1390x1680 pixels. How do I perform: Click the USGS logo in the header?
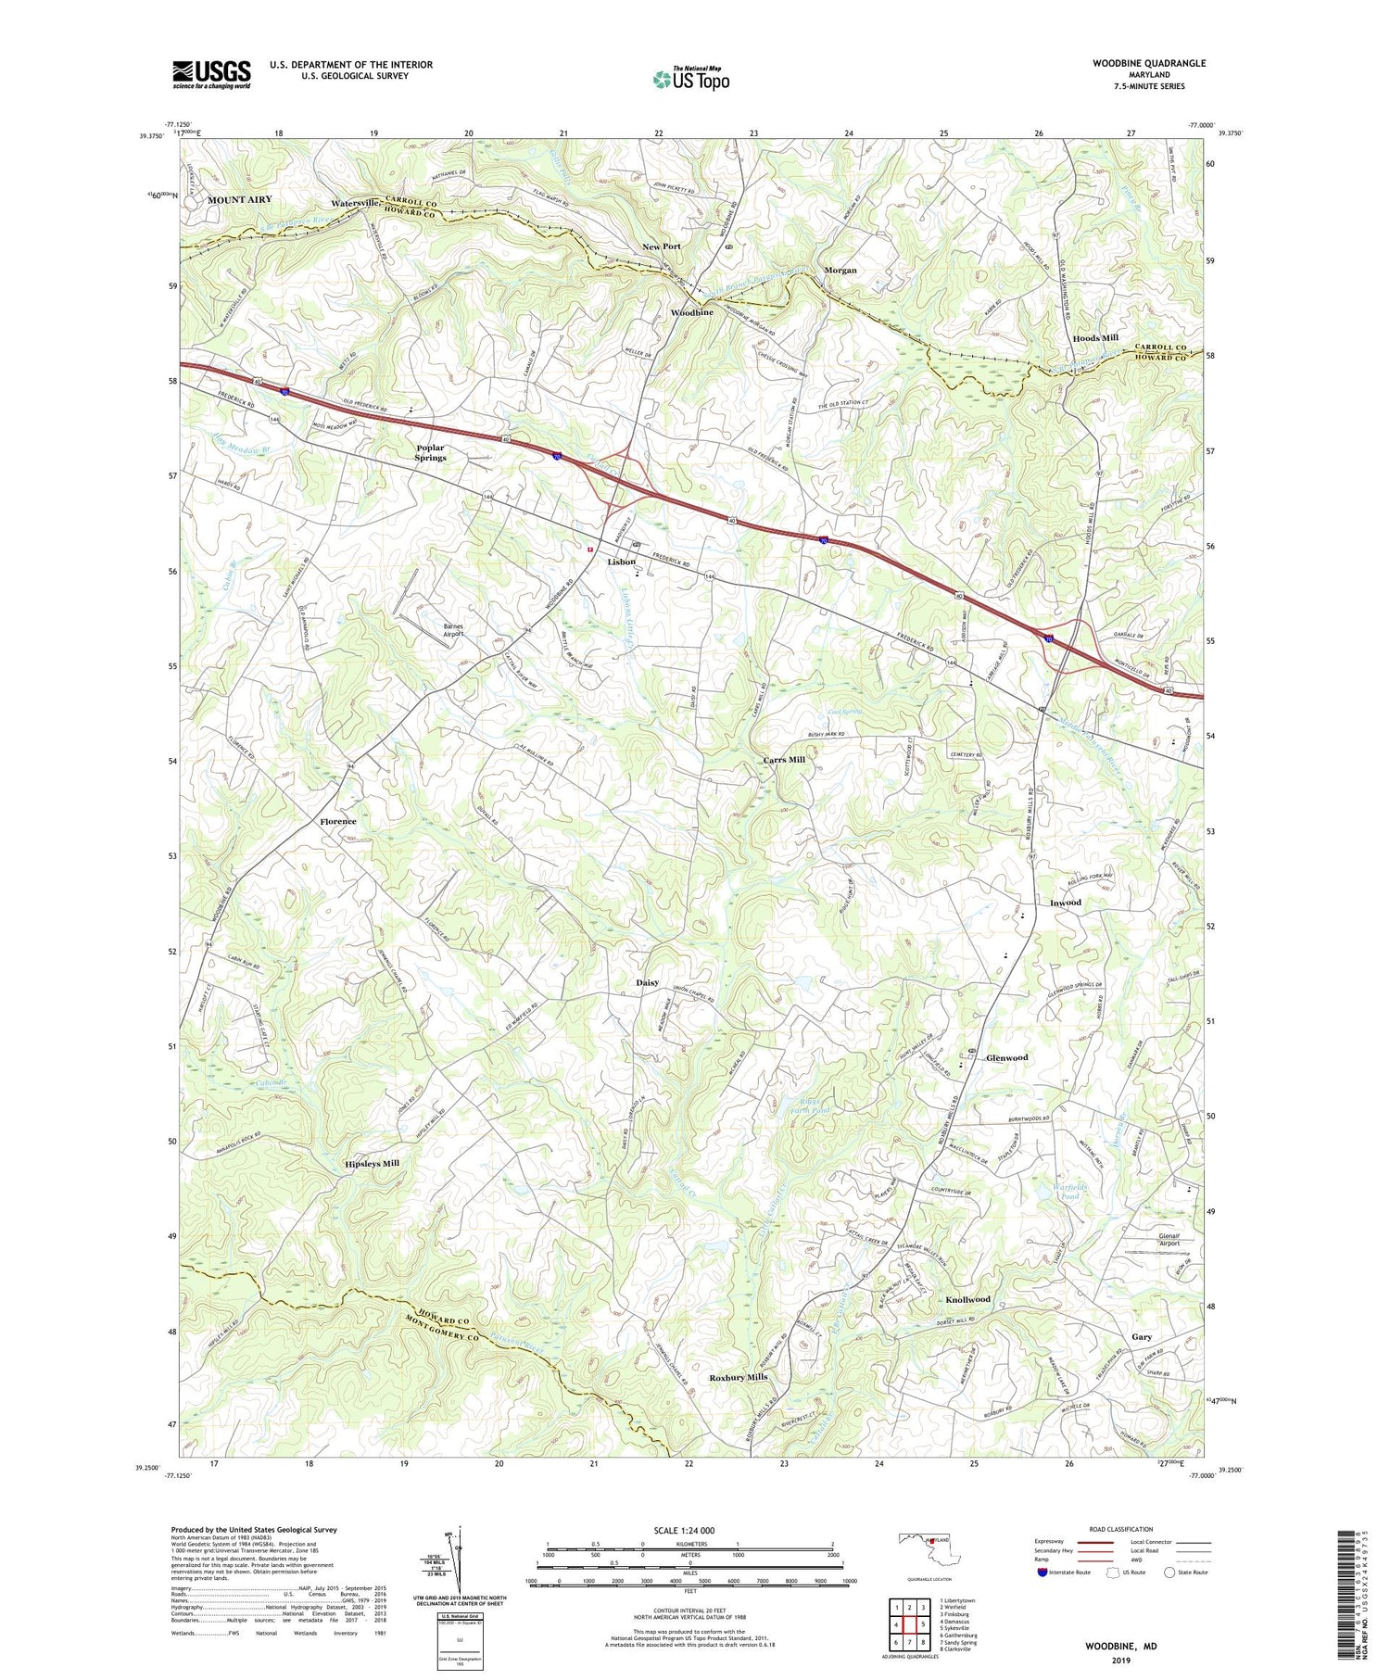[x=211, y=74]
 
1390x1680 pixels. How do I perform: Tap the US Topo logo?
[x=690, y=80]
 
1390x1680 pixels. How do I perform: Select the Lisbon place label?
[x=621, y=562]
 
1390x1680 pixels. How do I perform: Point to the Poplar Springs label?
[x=430, y=452]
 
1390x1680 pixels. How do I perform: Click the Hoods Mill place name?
[x=1095, y=338]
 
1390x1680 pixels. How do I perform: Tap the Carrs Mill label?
[x=783, y=759]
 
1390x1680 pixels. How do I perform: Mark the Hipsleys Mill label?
[x=372, y=1162]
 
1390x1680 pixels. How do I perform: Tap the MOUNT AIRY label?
[x=239, y=199]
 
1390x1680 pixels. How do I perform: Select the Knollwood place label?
[x=967, y=1299]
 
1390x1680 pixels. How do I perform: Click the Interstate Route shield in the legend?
[x=1043, y=1573]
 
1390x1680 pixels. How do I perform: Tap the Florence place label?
[x=338, y=821]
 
